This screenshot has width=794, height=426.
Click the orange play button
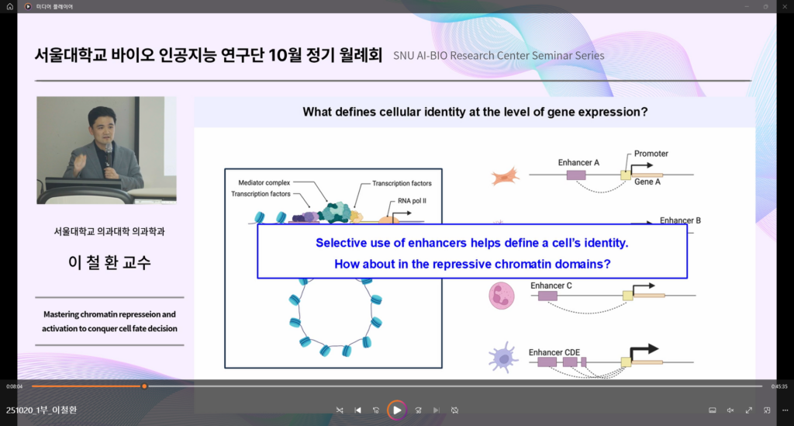tap(396, 410)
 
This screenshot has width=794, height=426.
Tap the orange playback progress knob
tap(144, 386)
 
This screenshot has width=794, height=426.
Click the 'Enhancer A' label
tap(578, 163)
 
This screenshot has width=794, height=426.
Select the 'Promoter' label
tap(651, 154)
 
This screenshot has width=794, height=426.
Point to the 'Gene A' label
tap(647, 182)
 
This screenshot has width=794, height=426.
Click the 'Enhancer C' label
tap(551, 286)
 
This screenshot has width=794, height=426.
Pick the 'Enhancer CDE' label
tap(554, 352)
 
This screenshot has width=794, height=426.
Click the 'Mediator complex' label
tap(264, 183)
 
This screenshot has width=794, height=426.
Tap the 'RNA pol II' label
tap(412, 201)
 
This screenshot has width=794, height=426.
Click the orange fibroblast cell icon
tap(505, 176)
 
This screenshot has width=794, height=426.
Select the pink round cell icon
tap(502, 296)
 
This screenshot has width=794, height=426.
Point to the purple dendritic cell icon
tap(502, 358)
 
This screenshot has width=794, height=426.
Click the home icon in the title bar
tap(9, 6)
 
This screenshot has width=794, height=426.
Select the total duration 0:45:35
tap(779, 386)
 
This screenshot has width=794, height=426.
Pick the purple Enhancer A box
tap(576, 175)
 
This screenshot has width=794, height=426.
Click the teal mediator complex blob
tap(334, 213)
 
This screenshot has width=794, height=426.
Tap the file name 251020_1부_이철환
tap(42, 410)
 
